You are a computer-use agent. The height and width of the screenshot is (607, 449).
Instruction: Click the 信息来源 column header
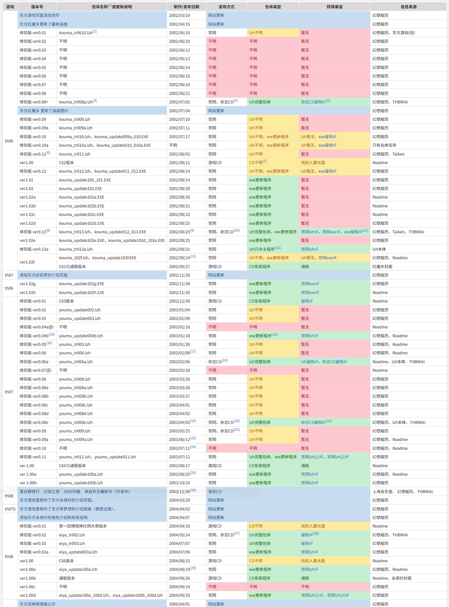pos(408,7)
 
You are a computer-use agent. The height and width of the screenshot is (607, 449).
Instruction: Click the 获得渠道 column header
pos(334,7)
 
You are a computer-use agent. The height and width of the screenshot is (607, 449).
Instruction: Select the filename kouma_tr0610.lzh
pos(76,33)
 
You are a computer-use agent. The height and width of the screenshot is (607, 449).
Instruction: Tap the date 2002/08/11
pos(179,163)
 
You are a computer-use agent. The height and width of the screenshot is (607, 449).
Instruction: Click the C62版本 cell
pos(66,163)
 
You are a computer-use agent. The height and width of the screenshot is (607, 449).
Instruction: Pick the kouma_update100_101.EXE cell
pos(85,180)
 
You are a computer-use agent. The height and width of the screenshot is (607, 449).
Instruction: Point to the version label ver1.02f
pos(27,262)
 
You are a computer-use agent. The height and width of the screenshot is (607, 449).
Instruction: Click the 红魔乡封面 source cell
pos(382,267)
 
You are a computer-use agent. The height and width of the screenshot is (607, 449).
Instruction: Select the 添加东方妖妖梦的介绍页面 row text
pos(44,275)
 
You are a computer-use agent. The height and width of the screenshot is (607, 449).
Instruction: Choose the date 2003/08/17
pos(179,466)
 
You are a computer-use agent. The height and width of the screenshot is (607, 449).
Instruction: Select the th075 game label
pos(10,509)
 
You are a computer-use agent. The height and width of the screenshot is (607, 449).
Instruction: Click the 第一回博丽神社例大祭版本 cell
pos(83,526)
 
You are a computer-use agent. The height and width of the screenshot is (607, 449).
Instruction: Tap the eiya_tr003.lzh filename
pos(72,543)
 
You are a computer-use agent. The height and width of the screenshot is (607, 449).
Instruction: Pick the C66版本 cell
pos(66,561)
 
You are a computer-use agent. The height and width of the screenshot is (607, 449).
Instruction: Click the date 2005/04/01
pos(179,604)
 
